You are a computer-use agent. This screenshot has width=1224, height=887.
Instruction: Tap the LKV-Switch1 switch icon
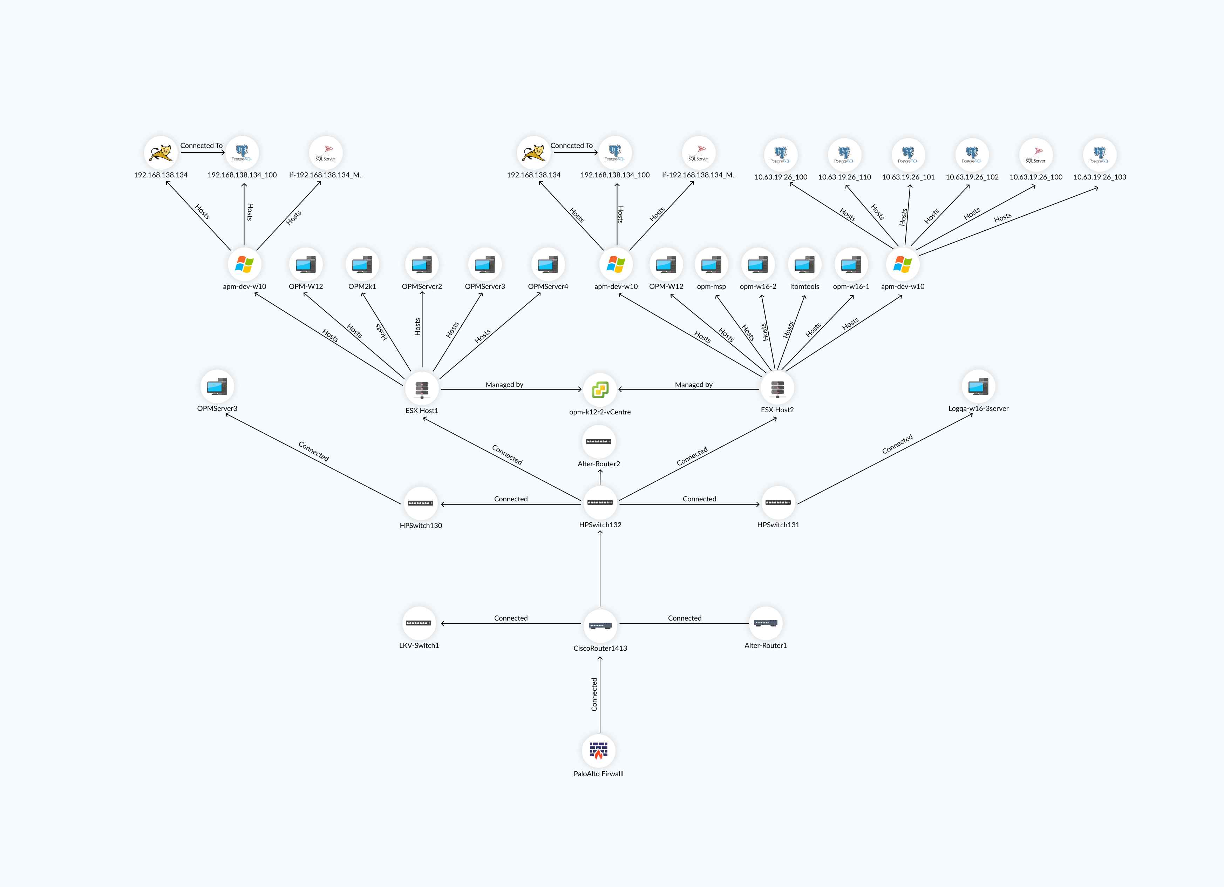tap(419, 623)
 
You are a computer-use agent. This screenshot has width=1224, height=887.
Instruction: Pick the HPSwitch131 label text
tap(778, 525)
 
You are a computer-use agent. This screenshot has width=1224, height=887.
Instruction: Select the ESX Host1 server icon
tap(422, 389)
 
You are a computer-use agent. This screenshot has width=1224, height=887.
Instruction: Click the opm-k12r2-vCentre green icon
tap(600, 389)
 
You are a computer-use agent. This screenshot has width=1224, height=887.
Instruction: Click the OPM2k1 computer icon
tap(362, 264)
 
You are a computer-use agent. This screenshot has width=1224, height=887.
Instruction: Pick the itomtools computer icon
tap(805, 264)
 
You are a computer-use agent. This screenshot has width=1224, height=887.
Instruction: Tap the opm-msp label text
tap(711, 287)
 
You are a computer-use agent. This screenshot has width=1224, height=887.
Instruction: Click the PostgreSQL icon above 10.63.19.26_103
tap(1100, 154)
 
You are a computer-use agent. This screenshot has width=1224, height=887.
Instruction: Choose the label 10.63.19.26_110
tap(845, 177)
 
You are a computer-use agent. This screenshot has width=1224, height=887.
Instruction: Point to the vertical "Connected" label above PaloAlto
tap(594, 694)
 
